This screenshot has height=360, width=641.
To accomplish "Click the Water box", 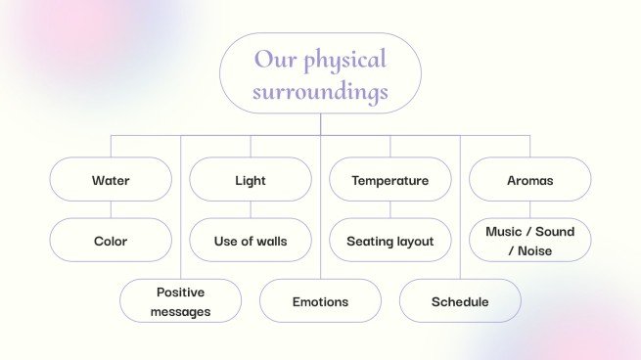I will (111, 180).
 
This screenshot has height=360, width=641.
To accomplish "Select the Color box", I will (111, 241).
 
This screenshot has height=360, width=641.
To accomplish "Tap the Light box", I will (251, 180).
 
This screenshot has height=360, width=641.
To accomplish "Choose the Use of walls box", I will (251, 241).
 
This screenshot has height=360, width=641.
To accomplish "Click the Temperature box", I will (389, 180).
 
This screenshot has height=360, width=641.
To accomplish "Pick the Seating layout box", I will (389, 241).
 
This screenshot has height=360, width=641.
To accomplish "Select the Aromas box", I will (529, 180).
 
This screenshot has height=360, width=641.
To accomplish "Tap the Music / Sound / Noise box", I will (529, 241).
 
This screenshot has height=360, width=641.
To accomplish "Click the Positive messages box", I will (180, 301).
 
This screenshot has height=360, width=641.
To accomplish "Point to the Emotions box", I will (320, 301).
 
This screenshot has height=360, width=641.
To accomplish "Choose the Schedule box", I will (460, 301).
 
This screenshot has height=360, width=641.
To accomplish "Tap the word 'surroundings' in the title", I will (320, 93).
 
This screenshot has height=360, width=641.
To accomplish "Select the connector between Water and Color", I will (111, 210).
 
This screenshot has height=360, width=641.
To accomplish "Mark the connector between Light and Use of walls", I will (251, 210).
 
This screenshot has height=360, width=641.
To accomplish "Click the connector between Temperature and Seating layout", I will (389, 210).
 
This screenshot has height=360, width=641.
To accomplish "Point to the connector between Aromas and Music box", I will (529, 210).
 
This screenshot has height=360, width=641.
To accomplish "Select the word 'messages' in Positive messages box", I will (180, 311).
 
